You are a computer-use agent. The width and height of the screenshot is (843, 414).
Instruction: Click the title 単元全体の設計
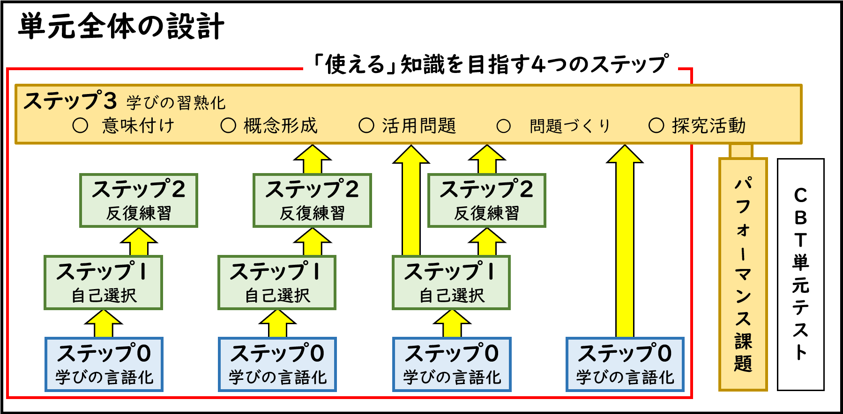click(x=121, y=26)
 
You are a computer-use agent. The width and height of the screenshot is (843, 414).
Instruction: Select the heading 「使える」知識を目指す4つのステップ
click(x=490, y=64)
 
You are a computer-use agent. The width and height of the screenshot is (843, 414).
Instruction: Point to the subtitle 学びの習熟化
click(x=176, y=102)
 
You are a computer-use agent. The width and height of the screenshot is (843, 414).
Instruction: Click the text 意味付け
click(x=138, y=125)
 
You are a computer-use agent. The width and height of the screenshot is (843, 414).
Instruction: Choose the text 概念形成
click(x=280, y=125)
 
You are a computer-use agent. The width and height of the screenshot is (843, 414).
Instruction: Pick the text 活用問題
click(x=418, y=125)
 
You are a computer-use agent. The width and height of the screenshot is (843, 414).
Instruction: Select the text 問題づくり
click(x=570, y=125)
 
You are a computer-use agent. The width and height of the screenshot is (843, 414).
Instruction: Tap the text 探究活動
click(x=708, y=125)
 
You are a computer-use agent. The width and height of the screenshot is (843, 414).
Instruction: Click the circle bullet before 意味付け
click(x=80, y=125)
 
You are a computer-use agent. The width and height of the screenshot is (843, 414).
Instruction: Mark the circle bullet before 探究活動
click(x=656, y=125)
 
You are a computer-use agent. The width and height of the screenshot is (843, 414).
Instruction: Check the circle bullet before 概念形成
click(x=228, y=125)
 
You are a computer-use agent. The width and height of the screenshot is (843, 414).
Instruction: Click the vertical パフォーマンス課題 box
click(x=743, y=274)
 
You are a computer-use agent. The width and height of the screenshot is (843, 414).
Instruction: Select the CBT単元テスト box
click(x=800, y=274)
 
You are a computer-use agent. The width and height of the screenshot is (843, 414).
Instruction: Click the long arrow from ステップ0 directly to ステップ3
click(x=625, y=243)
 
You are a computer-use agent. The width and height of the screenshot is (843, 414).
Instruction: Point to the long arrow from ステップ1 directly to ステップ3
click(x=411, y=201)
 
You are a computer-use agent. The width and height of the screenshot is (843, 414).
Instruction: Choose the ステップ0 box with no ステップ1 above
click(x=625, y=364)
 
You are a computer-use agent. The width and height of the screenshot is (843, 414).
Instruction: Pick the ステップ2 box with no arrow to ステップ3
click(x=139, y=200)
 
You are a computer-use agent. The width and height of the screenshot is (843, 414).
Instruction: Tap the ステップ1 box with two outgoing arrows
click(x=451, y=282)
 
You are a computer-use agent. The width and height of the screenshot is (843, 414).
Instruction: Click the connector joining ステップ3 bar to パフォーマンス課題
click(x=741, y=151)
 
